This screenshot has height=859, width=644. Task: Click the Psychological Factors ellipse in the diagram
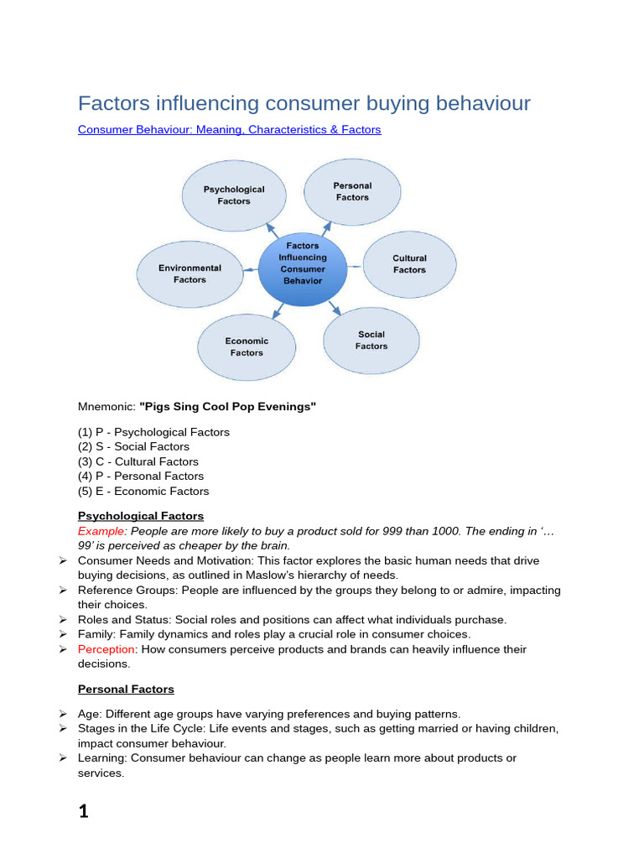tap(234, 195)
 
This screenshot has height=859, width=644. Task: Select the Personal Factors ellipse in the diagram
tap(352, 192)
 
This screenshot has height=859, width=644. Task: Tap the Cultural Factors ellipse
tap(410, 264)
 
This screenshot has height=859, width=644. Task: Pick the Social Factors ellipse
tap(371, 340)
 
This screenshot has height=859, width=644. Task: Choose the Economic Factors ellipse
tap(247, 346)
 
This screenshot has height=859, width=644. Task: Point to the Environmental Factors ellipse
tap(190, 274)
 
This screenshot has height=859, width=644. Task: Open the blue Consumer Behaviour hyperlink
tap(229, 130)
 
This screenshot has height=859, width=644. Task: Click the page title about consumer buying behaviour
tap(304, 103)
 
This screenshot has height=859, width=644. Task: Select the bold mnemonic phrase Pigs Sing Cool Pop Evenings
tap(227, 407)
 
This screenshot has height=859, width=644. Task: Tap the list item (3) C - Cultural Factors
tap(138, 461)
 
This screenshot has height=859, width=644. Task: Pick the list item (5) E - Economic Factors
tap(143, 491)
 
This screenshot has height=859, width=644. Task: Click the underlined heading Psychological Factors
tap(141, 516)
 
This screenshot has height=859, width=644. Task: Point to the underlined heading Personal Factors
tap(126, 689)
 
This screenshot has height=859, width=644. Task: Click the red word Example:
tap(102, 531)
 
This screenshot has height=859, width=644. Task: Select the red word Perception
tap(107, 649)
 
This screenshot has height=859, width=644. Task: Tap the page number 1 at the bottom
tap(83, 811)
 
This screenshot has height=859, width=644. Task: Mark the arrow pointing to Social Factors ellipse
tap(335, 308)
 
